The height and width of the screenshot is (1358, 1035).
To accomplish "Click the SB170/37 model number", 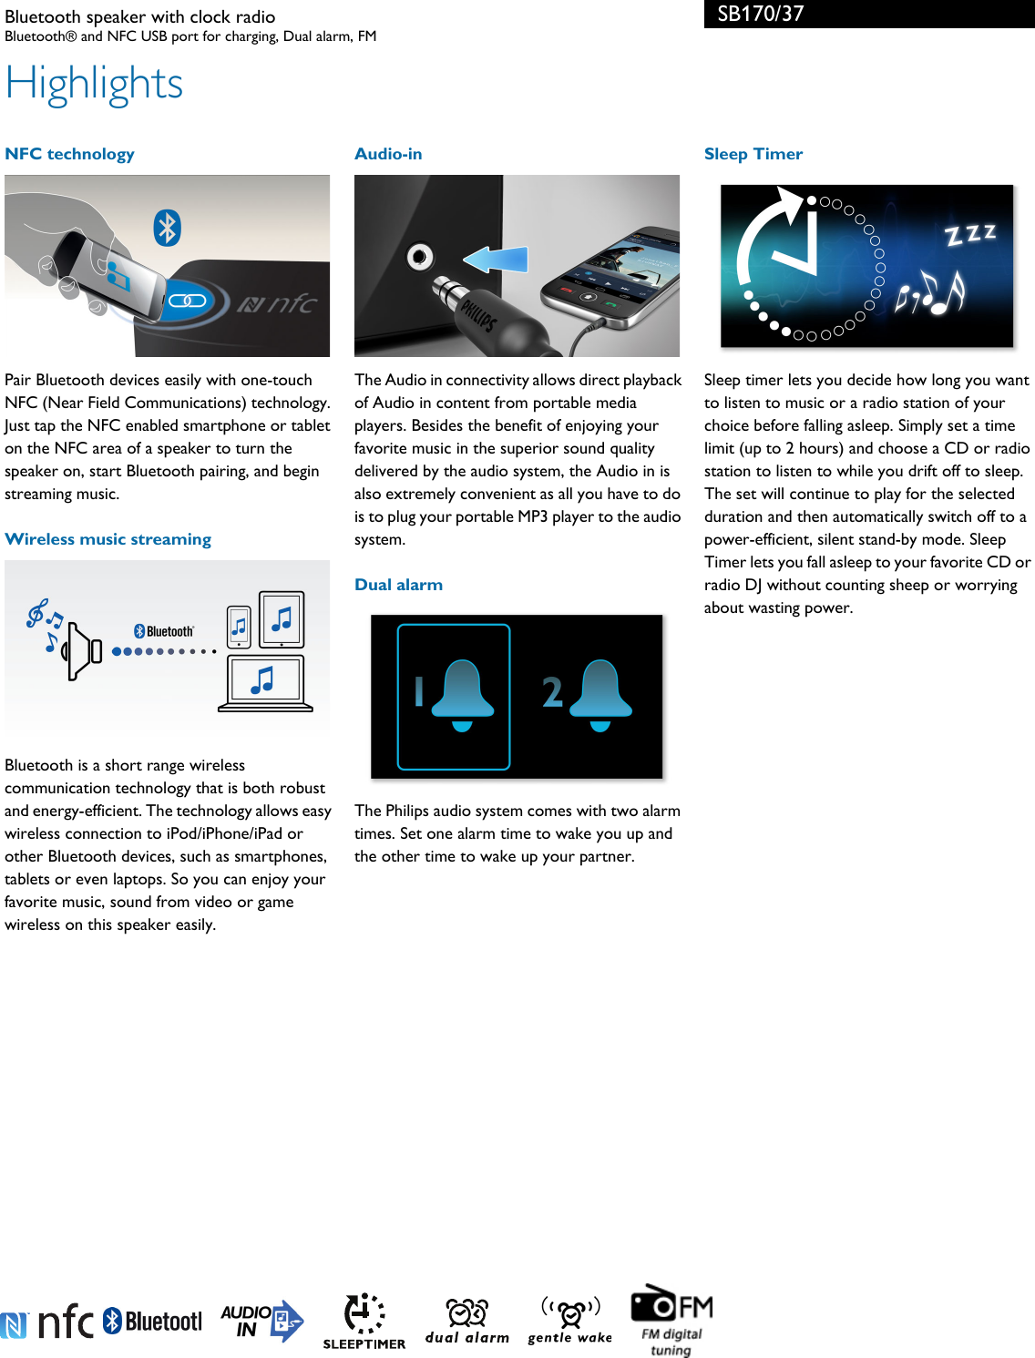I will click(760, 14).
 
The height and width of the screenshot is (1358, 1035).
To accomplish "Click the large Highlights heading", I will click(94, 83).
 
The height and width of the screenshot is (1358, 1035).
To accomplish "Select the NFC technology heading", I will click(69, 154).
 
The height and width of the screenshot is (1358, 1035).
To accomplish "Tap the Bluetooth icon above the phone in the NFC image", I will click(167, 228).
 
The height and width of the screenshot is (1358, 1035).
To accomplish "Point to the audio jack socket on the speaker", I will click(419, 257).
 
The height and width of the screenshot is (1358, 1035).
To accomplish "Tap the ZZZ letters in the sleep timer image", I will click(970, 235).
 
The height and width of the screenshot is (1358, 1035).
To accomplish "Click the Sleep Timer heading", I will click(753, 154).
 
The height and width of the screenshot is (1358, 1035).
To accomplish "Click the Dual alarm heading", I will click(398, 585).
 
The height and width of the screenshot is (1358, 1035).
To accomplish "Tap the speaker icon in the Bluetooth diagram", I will click(84, 651).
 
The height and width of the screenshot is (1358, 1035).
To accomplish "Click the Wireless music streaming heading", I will click(108, 539).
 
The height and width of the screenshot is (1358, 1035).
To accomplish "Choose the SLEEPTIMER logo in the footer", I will click(364, 1322).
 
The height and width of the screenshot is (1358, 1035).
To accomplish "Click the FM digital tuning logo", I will click(672, 1320).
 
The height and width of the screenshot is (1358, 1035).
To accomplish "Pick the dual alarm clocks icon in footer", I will click(466, 1320).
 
